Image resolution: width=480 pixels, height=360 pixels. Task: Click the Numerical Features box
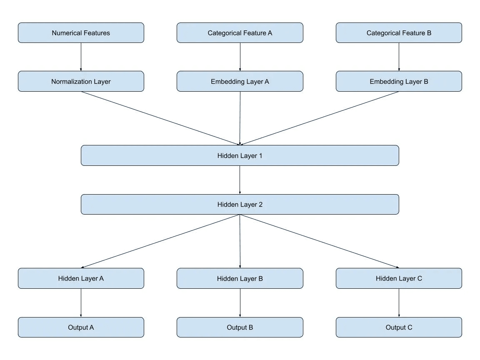pos(81,33)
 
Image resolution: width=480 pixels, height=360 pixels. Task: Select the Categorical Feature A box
pos(240,33)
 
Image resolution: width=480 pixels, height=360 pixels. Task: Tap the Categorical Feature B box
pos(399,33)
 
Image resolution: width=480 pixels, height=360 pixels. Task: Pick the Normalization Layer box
pos(81,82)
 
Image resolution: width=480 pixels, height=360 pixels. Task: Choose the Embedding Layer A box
pos(240,82)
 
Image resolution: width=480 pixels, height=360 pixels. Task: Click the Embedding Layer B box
pos(399,82)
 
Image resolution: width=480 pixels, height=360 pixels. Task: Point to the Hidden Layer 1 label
pos(240,156)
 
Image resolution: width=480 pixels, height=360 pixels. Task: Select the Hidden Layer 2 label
pos(240,205)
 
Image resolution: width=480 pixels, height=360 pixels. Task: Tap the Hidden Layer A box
pos(81,278)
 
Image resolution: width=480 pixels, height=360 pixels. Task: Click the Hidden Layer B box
pos(240,278)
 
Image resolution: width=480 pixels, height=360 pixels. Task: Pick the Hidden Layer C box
pos(399,278)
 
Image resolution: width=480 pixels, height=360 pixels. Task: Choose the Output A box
pos(81,327)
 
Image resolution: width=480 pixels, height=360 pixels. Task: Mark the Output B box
pos(240,327)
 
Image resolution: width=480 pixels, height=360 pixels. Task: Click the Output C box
pos(399,327)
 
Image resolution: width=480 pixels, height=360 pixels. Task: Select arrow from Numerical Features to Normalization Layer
pos(81,57)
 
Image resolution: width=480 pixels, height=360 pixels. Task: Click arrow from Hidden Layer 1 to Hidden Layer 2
pos(240,180)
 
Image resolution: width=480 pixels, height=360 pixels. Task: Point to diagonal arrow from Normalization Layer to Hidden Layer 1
pos(160,118)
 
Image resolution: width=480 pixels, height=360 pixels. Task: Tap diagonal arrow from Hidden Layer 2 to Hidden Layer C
pos(319,241)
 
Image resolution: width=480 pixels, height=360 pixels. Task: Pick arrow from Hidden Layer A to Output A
pos(81,302)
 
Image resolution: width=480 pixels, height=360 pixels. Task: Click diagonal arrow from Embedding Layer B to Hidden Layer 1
pos(319,118)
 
